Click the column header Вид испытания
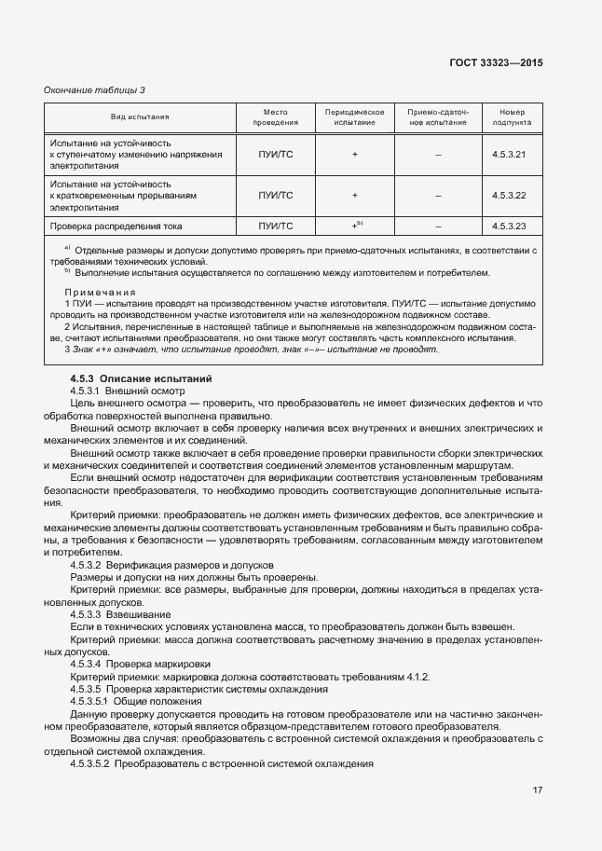[x=140, y=117]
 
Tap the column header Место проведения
[x=275, y=117]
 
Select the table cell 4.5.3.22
[x=510, y=195]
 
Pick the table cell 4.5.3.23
[x=510, y=226]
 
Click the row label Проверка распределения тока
[x=116, y=226]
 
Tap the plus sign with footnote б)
[x=355, y=225]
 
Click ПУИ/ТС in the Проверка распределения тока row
[x=275, y=226]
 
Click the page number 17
[x=537, y=790]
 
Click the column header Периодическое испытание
[x=355, y=117]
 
